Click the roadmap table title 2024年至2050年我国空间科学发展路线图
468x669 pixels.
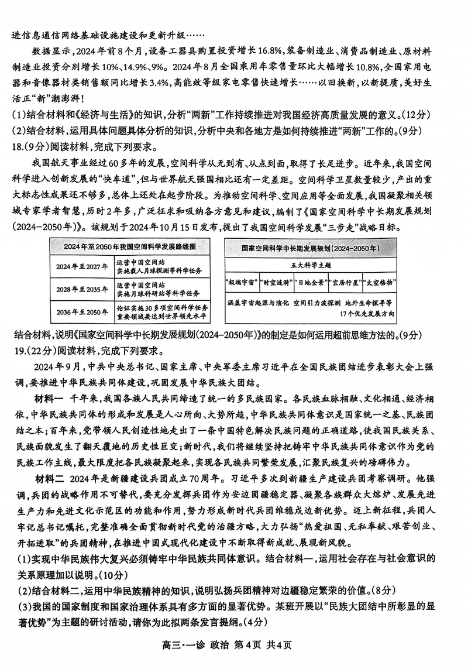130,246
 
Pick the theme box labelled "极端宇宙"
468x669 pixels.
241,282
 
